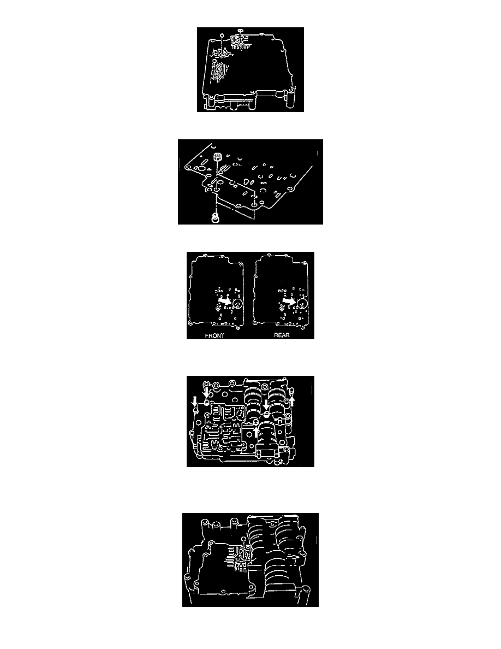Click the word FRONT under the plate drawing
214,335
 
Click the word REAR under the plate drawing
282,335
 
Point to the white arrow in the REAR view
289,301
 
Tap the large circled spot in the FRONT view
238,304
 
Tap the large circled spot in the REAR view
302,304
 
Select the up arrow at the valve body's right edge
292,400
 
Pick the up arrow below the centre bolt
257,432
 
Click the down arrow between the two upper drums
266,405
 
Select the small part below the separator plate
215,218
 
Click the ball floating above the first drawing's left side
222,35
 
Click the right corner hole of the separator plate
289,189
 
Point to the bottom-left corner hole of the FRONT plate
190,322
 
